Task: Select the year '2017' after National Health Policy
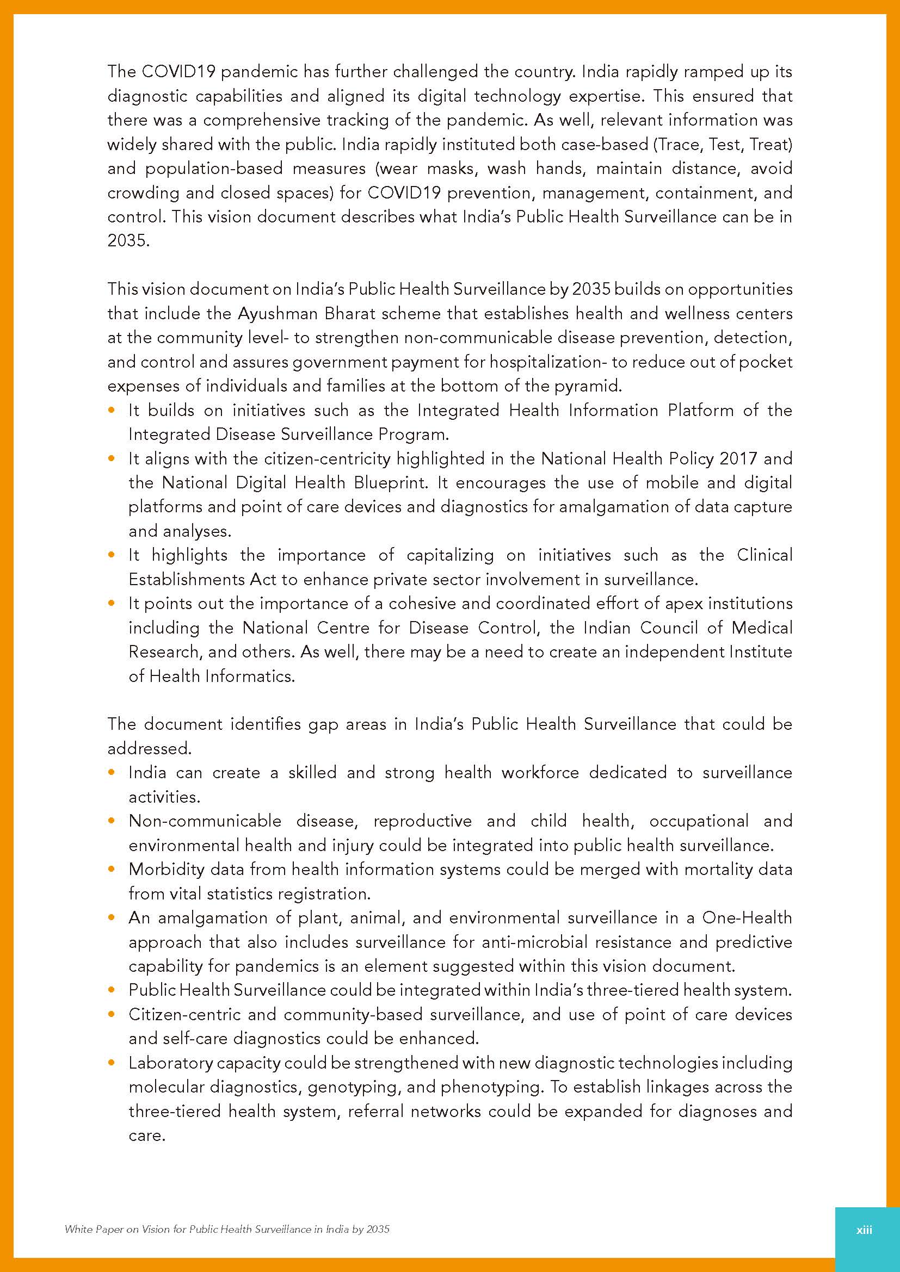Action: (738, 459)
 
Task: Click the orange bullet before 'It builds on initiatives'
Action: (113, 411)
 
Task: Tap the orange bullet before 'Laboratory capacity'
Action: (113, 1063)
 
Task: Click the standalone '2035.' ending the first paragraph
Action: (128, 241)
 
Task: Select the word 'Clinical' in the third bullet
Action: (764, 555)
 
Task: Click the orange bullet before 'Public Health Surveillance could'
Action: (113, 990)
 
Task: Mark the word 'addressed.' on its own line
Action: (149, 748)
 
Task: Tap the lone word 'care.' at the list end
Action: (147, 1136)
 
